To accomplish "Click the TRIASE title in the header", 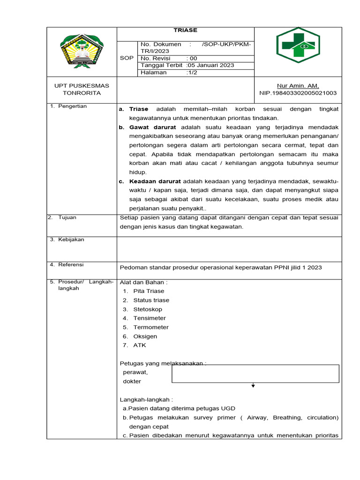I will pos(185,30).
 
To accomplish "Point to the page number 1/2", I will pos(192,73).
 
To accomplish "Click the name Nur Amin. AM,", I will pos(298,86).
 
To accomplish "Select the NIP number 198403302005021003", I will pos(298,93).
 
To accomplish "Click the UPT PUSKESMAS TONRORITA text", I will pos(82,89).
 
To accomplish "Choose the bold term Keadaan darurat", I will pos(155,181).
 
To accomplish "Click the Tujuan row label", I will pos(67,217).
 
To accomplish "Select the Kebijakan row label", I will pos(71,240).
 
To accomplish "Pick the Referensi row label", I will pos(71,265).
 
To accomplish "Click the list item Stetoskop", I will pos(148,309).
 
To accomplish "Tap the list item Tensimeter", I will pos(150,318).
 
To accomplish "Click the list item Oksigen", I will pos(145,337).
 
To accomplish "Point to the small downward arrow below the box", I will pos(253,386).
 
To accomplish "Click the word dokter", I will pos(132,382).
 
